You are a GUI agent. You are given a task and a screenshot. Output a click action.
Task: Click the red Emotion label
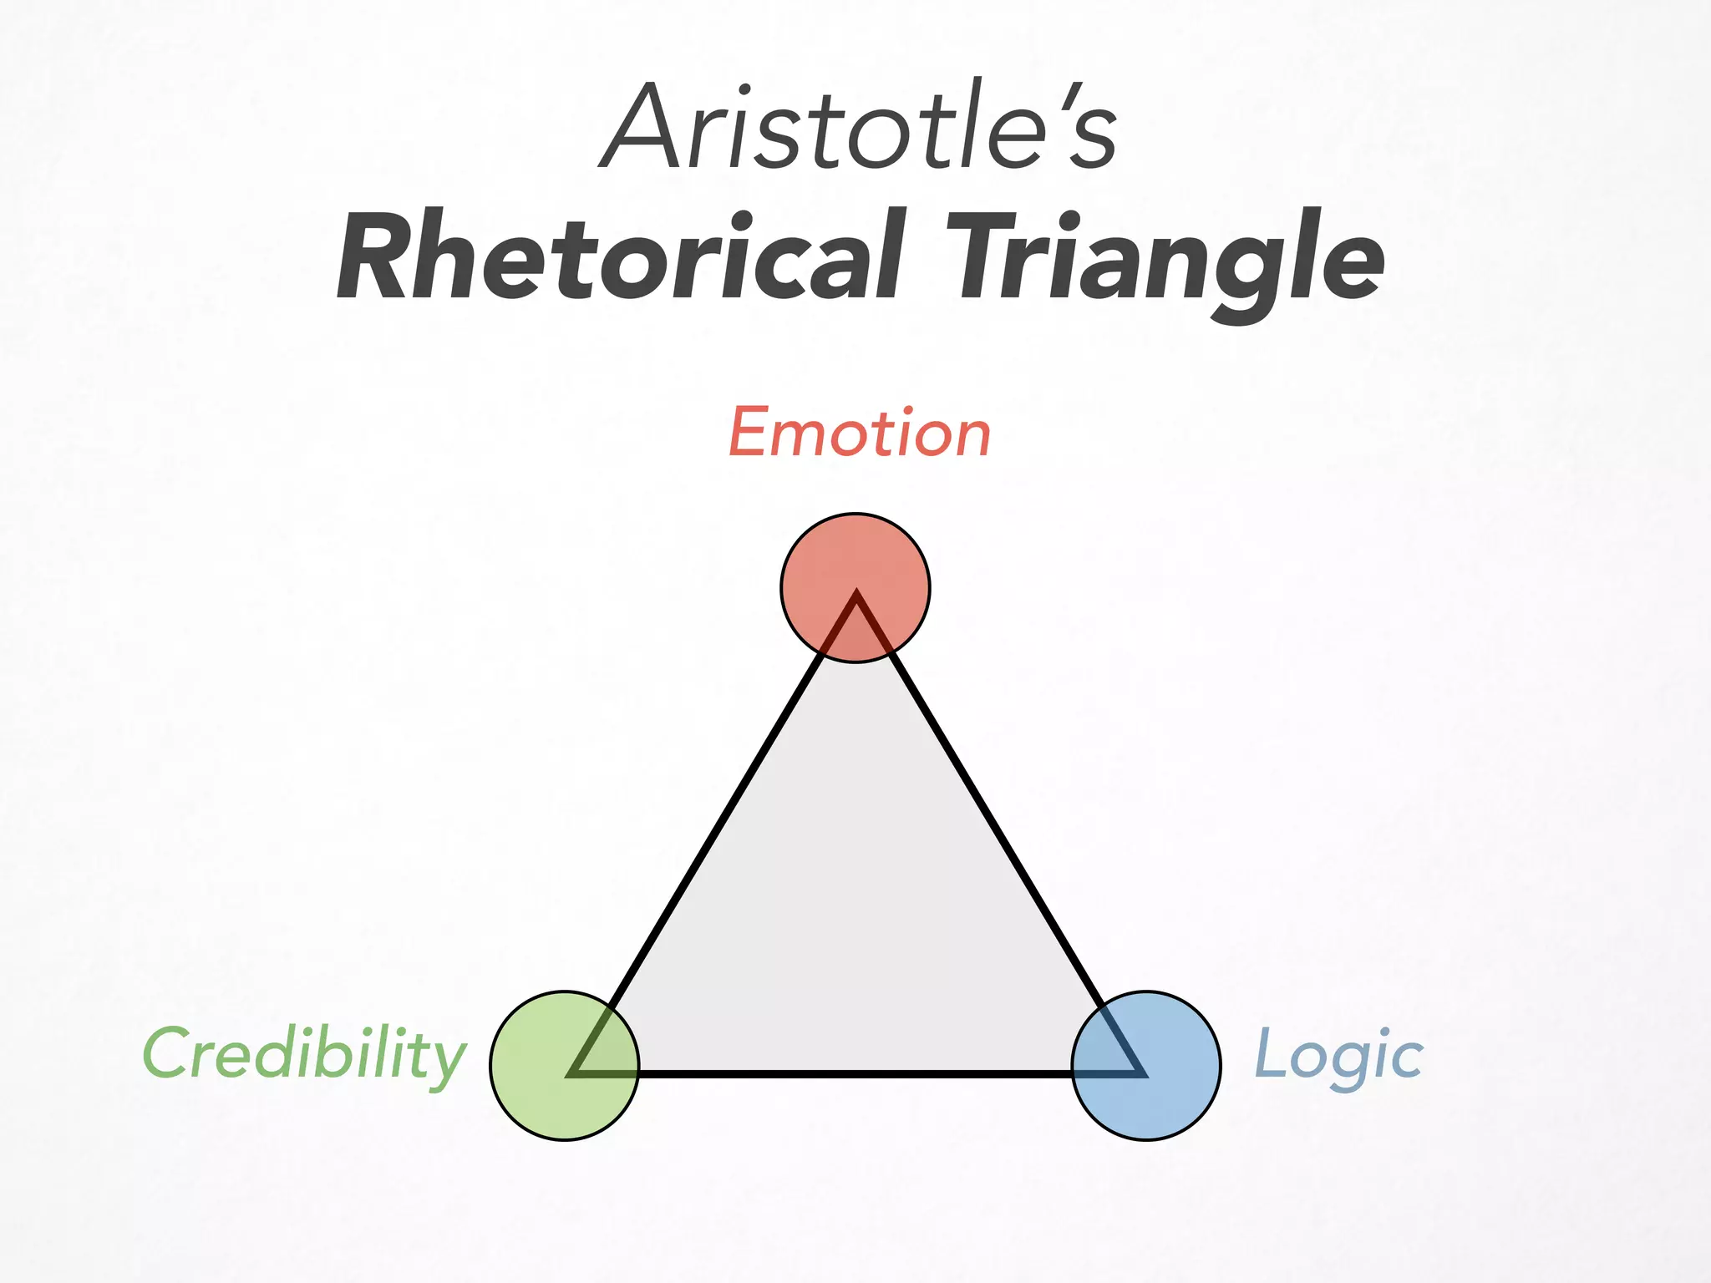click(x=860, y=434)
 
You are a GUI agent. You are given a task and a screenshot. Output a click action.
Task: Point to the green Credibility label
click(x=304, y=1055)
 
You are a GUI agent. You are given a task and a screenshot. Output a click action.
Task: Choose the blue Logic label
click(x=1339, y=1055)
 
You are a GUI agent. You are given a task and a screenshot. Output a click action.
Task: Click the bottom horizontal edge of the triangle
click(x=855, y=1073)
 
